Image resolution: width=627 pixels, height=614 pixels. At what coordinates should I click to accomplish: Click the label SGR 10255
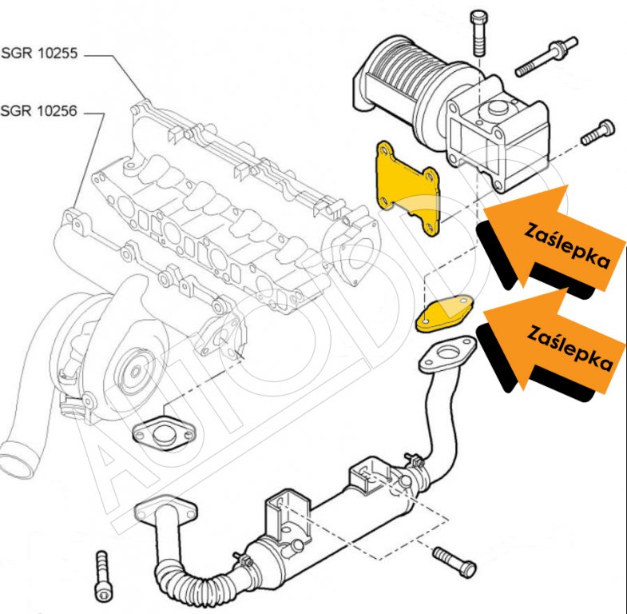pyautogui.click(x=40, y=55)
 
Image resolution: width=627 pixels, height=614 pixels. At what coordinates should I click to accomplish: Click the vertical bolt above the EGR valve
pyautogui.click(x=479, y=32)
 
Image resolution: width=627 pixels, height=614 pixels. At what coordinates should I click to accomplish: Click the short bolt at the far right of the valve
pyautogui.click(x=598, y=132)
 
